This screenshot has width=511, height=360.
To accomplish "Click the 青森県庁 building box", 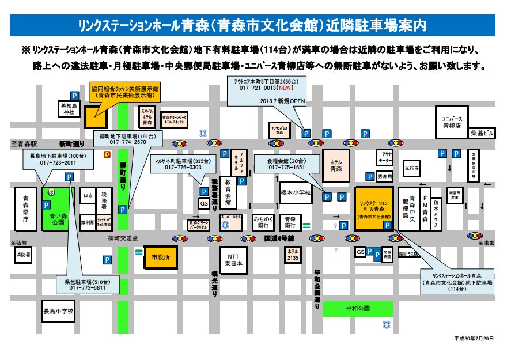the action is tap(25, 207).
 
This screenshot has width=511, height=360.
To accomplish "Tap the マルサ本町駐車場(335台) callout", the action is tap(183, 164).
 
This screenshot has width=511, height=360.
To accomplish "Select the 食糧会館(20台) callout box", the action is tap(287, 164).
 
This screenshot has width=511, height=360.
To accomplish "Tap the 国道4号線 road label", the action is tap(279, 237).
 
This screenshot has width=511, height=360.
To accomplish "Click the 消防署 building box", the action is tap(23, 254).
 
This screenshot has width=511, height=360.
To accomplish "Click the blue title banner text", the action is tap(255, 26).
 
